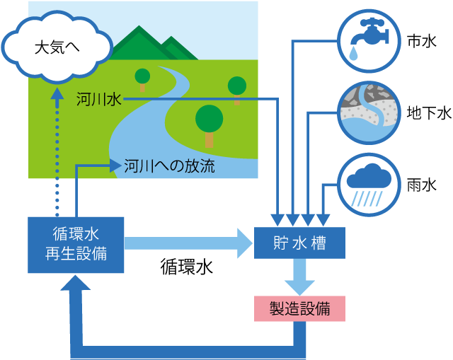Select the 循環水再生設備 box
click(x=76, y=245)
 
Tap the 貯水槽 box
click(x=299, y=243)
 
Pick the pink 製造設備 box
click(x=299, y=308)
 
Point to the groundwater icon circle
click(x=369, y=112)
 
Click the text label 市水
click(x=422, y=41)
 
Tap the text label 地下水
click(x=429, y=112)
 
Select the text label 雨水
click(x=422, y=185)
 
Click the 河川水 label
click(x=99, y=99)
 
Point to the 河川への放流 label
click(x=169, y=166)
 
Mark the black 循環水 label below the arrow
click(x=187, y=267)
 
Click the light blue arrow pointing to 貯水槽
click(x=188, y=243)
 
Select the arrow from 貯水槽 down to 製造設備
click(x=299, y=277)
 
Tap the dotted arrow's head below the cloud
click(x=57, y=94)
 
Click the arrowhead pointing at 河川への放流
click(x=115, y=166)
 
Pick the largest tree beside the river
click(x=210, y=126)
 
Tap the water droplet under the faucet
click(x=353, y=54)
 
